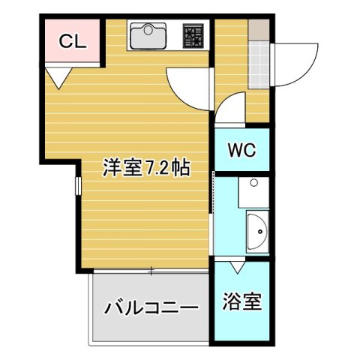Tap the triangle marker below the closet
pyautogui.click(x=58, y=76)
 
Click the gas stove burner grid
pyautogui.click(x=194, y=34)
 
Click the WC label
pyautogui.click(x=241, y=149)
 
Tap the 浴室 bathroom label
pyautogui.click(x=241, y=303)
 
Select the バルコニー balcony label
pyautogui.click(x=151, y=307)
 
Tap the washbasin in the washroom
pyautogui.click(x=256, y=230)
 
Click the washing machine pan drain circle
pyautogui.click(x=253, y=183)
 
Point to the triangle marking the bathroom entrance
pyautogui.click(x=238, y=265)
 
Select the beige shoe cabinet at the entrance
pyautogui.click(x=258, y=30)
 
